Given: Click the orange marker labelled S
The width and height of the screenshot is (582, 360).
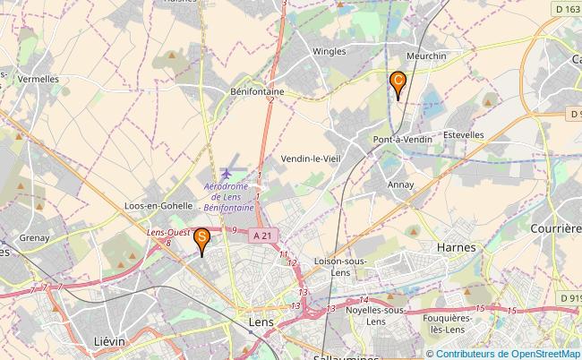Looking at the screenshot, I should (x=203, y=238).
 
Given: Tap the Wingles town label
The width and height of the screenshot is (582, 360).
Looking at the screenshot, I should (x=329, y=52).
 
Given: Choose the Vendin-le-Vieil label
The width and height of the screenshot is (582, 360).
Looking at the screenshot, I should (x=310, y=159).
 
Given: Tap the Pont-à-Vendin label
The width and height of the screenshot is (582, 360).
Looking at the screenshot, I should (x=403, y=140).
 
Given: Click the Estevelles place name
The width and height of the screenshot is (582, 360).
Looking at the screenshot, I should (x=463, y=135).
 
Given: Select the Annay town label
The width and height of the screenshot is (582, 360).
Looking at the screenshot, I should (x=400, y=184).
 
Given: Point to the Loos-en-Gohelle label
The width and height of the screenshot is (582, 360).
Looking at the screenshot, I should (x=160, y=205).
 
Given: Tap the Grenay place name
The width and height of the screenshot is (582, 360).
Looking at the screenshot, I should (x=33, y=238).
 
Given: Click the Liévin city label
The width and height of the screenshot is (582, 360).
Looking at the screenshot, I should (x=109, y=341).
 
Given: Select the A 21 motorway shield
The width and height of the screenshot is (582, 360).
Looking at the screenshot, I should (x=261, y=235).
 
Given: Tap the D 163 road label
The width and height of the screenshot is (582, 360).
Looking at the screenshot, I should (x=561, y=9).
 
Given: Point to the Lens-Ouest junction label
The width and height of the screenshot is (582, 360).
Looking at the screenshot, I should (x=167, y=233).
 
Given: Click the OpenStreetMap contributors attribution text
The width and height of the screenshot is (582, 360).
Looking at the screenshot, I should (x=508, y=353).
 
